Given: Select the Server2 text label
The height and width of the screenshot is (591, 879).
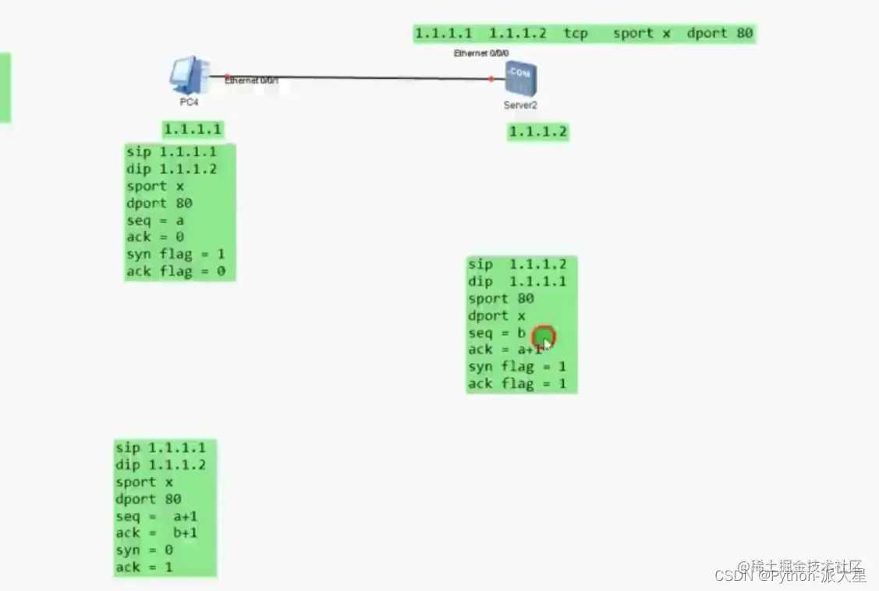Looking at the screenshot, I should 520,105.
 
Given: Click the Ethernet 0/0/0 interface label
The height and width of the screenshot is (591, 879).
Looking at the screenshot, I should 481,53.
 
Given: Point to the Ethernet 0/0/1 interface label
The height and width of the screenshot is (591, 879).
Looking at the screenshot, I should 251,80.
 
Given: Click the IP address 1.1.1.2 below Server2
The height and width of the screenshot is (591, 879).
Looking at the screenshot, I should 538,132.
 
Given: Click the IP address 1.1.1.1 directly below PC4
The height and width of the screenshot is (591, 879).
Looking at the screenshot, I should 193,130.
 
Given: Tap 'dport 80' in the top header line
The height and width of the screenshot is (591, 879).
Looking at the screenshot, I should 719,34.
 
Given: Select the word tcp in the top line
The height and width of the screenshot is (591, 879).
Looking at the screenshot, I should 576,34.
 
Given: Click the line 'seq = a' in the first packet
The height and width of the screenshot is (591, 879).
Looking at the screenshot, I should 155,220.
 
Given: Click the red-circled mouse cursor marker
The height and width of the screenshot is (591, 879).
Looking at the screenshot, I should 543,337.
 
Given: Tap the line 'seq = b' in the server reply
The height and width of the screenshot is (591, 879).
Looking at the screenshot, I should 497,333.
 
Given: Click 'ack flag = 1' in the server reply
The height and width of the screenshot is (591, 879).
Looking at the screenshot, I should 517,384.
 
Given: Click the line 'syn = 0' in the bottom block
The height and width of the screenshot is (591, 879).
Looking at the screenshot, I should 144,550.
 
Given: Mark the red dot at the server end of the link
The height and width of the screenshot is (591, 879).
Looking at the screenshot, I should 491,79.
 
